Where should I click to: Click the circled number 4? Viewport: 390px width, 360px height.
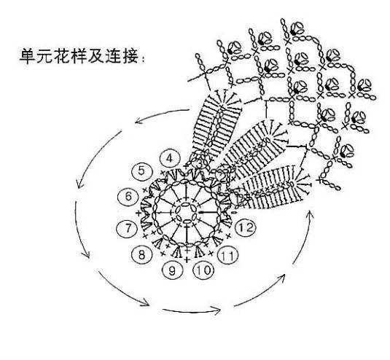[x=170, y=159]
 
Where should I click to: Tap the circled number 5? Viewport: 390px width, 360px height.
[x=141, y=171]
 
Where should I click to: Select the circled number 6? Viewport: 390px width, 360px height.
[x=128, y=197]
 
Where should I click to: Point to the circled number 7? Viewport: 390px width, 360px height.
[x=128, y=228]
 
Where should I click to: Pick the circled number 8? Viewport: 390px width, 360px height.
[x=141, y=254]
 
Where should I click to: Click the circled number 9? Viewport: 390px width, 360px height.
[x=173, y=270]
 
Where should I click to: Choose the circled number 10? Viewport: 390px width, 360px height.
[x=204, y=270]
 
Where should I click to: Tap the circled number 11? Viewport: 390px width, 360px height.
[x=228, y=255]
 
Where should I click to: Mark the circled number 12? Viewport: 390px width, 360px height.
[x=246, y=228]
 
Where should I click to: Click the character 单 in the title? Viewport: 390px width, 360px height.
[x=28, y=56]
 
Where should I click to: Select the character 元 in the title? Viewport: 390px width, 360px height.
[x=44, y=56]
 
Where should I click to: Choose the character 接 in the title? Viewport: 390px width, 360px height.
[x=130, y=56]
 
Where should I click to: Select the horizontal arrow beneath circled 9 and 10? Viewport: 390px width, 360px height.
[x=192, y=311]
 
